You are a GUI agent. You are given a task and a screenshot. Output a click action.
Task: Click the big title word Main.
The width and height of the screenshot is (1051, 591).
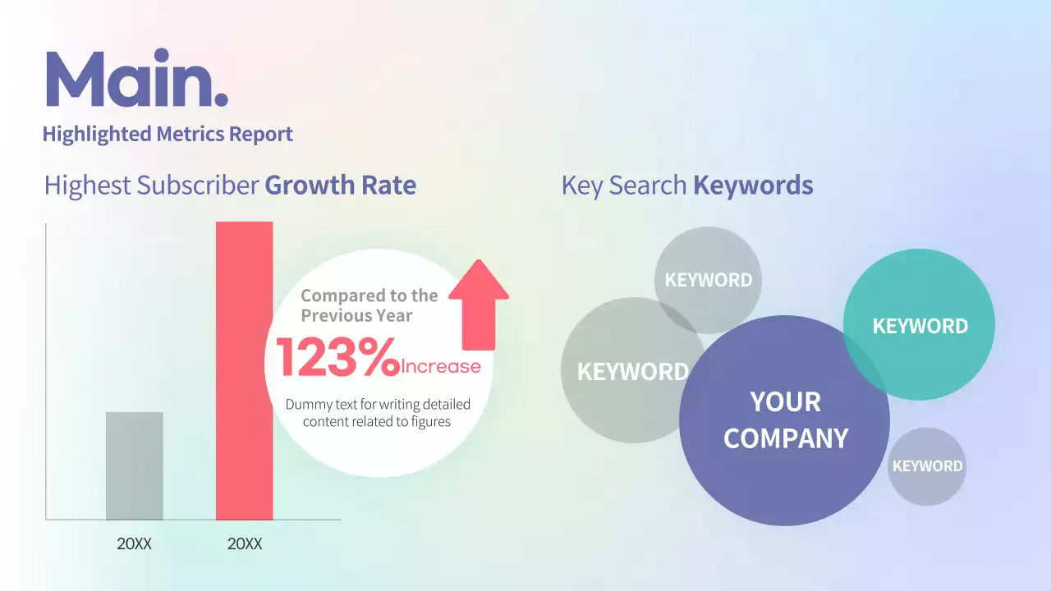coord(135,80)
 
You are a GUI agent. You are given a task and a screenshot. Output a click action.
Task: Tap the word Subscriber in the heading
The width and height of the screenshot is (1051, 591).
coord(197,186)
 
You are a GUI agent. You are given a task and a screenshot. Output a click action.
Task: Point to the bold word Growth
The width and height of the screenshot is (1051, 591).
coord(300,186)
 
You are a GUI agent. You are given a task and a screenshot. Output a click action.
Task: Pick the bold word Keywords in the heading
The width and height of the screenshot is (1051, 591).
coord(753,186)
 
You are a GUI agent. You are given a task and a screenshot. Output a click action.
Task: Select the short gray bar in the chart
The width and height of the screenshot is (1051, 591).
coord(135,465)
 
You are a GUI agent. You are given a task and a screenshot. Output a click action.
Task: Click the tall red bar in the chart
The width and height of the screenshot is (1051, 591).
coord(244,369)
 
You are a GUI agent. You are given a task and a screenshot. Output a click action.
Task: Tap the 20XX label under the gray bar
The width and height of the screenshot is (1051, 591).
coord(135,544)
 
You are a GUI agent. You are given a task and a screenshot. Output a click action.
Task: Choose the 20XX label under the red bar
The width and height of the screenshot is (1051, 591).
coord(244,544)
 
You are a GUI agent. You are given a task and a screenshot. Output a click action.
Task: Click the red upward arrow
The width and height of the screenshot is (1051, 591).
coord(480,304)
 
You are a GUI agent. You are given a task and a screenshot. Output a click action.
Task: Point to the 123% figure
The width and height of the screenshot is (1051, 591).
coord(337,359)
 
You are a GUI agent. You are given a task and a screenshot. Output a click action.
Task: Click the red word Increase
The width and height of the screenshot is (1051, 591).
coord(441,366)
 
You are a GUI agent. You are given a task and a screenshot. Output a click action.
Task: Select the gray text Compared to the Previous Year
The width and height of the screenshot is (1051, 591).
coord(369,305)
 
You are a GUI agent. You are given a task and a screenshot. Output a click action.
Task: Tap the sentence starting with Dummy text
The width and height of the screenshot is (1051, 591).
coord(377,413)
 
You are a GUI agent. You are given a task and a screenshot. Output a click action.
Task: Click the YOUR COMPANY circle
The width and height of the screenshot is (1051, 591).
coord(785,420)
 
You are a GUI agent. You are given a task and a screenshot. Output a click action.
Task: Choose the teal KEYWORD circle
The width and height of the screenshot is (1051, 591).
coord(920,325)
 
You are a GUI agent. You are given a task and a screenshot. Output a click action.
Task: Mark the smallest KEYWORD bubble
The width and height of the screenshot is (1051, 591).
coord(927,466)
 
